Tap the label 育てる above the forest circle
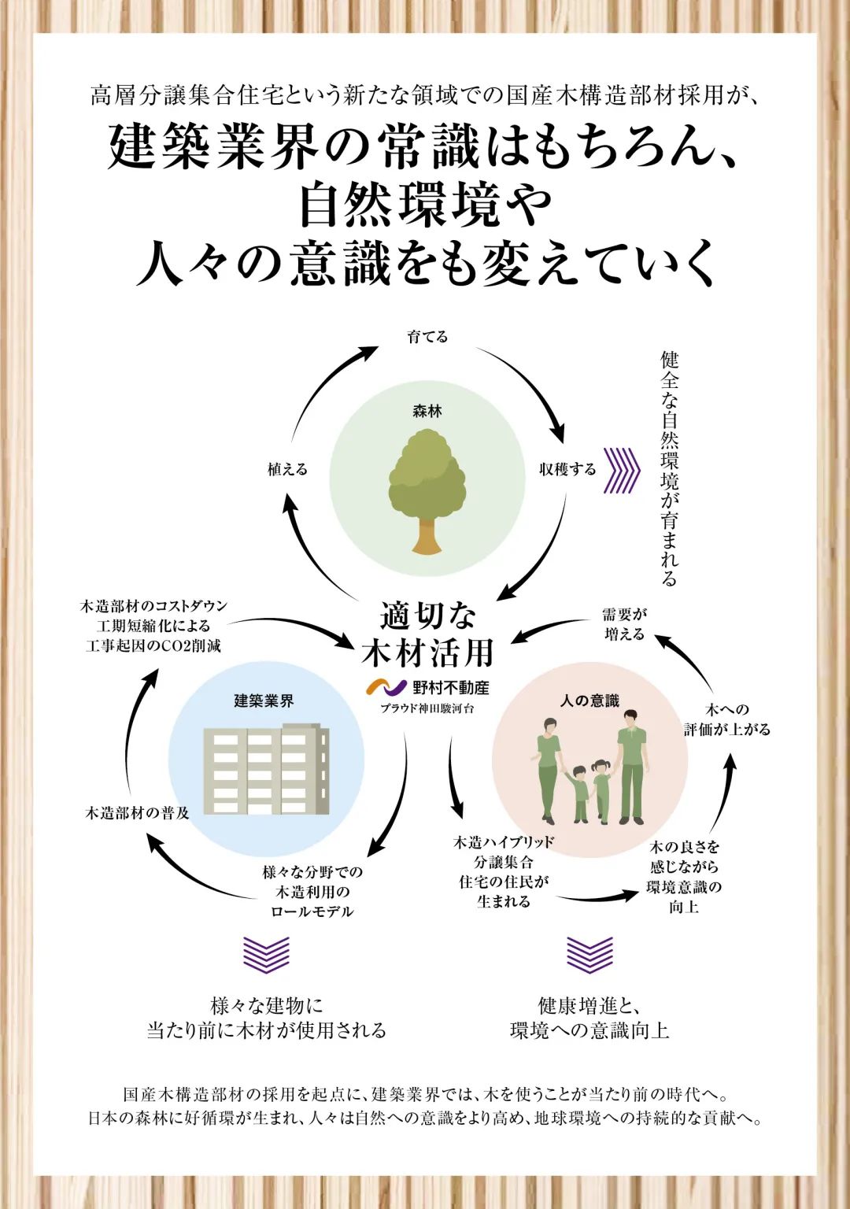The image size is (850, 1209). pos(427,337)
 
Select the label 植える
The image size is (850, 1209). pos(287,469)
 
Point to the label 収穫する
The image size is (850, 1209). pos(567,469)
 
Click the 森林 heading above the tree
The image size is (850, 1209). pos(427,411)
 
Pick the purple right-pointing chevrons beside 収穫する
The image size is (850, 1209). pos(621,470)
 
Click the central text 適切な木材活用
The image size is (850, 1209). pos(427,634)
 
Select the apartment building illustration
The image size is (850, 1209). pos(266,771)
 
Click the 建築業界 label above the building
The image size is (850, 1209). pos(264,701)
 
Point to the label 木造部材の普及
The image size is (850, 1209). pos(138,813)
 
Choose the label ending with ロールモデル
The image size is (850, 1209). pos(312,892)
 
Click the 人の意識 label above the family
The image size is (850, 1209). pos(589,701)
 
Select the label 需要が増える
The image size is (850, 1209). pos(624,624)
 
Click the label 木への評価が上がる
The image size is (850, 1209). pos(726,719)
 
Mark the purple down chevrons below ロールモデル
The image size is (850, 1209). pos(266,954)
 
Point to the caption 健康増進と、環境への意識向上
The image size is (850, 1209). pos(589,1018)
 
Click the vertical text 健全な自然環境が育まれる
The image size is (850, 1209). pos(669,469)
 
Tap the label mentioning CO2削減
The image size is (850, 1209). pos(153,626)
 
